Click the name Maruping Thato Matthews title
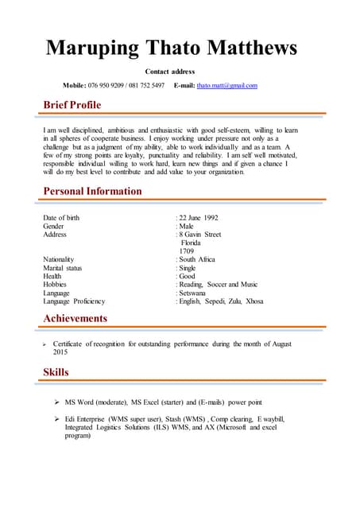coord(171,48)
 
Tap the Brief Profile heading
coord(72,105)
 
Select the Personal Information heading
coord(92,191)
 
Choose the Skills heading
coord(56,372)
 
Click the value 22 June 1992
coord(199,218)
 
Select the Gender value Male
coord(187,227)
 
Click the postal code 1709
coord(187,251)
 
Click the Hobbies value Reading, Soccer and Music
coord(219,285)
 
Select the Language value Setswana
coord(194,293)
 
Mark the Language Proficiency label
coord(74,301)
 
